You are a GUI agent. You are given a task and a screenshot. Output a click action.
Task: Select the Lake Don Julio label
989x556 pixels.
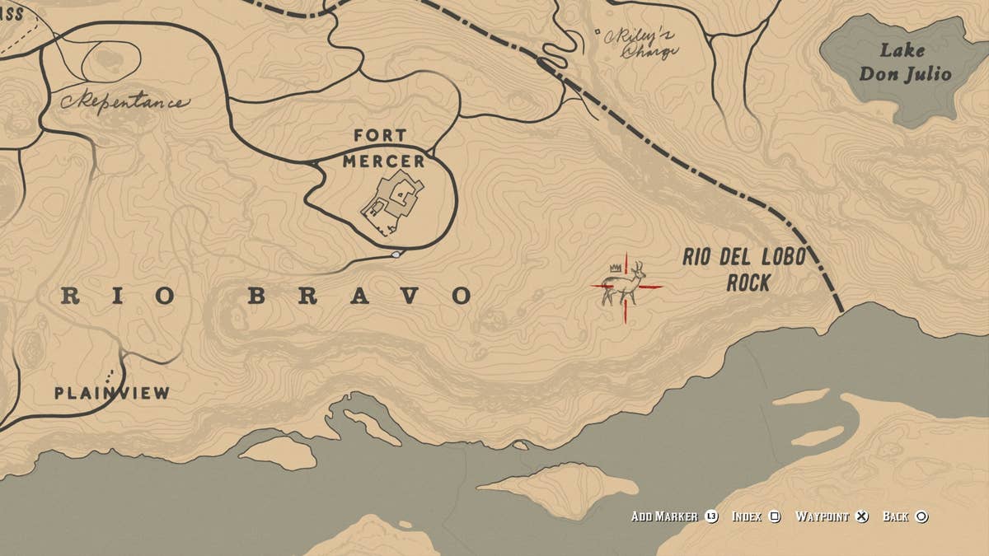[x=904, y=63]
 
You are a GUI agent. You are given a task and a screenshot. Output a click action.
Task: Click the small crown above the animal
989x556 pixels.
[x=614, y=268]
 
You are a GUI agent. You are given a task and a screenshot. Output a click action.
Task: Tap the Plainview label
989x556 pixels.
[x=112, y=393]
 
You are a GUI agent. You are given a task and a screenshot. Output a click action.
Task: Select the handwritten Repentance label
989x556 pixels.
[x=124, y=103]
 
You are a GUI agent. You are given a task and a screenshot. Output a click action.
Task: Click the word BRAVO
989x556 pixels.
[x=360, y=296]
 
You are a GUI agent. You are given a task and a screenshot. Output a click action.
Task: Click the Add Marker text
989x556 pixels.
[x=664, y=516]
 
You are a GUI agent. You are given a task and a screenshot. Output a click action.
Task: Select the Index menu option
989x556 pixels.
[x=747, y=516]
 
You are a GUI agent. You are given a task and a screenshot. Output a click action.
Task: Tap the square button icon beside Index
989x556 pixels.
[x=775, y=516]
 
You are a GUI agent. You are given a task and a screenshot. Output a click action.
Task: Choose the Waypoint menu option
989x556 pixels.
[x=822, y=516]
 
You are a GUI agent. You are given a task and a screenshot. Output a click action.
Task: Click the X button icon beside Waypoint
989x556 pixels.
[x=861, y=516]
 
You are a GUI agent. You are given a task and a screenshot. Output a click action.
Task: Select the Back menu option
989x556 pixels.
[x=895, y=516]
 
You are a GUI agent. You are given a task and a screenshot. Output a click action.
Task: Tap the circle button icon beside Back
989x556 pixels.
[x=921, y=516]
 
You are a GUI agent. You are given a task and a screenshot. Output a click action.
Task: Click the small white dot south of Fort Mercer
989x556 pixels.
[x=396, y=255]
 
